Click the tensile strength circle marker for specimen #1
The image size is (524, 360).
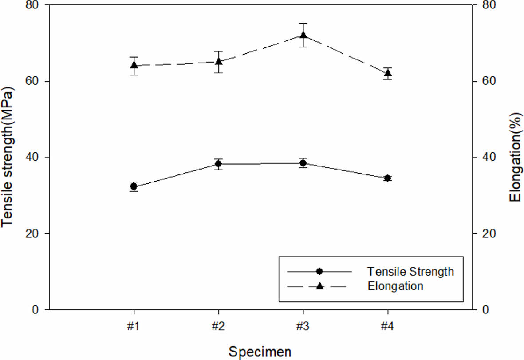(x=134, y=187)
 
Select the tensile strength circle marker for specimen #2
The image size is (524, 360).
(x=218, y=164)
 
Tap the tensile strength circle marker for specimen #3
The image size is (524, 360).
(x=303, y=163)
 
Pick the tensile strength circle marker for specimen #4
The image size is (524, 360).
(x=387, y=178)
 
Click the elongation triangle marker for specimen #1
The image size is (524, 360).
(x=134, y=65)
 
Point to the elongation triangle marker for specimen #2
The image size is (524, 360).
(x=218, y=61)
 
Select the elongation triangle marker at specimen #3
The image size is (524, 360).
(x=303, y=36)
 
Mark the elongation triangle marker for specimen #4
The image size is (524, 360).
(x=387, y=73)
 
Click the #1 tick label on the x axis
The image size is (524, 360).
(x=134, y=326)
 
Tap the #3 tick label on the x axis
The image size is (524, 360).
(x=303, y=326)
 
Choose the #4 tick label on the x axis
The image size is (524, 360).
(x=387, y=326)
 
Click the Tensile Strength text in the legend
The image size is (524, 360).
(x=410, y=271)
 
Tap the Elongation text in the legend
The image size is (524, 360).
(x=395, y=286)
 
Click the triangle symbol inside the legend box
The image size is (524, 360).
(x=319, y=286)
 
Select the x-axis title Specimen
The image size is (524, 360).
(x=260, y=352)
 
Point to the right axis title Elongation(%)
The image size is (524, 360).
(x=515, y=157)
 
